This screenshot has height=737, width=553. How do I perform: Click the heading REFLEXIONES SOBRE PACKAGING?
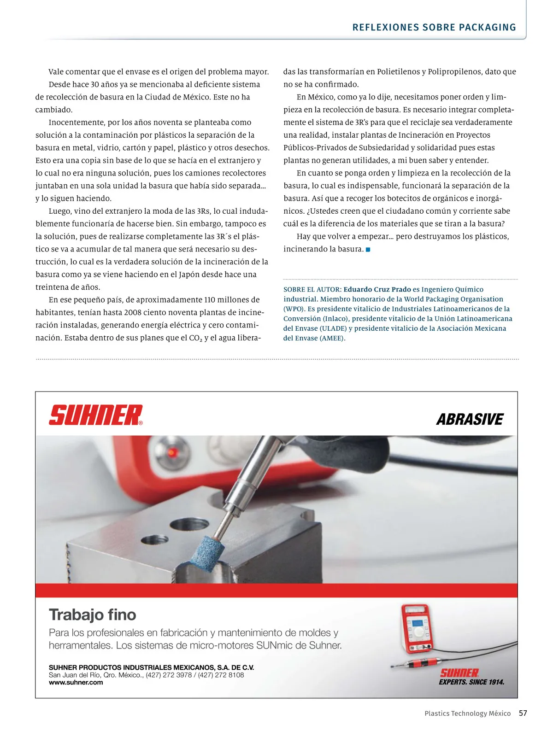[x=434, y=27]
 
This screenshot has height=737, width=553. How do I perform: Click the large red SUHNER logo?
[x=95, y=415]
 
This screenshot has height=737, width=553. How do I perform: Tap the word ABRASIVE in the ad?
[x=470, y=420]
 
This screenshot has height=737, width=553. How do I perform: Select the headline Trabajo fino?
[x=93, y=615]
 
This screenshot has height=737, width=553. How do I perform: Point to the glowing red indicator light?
[x=173, y=452]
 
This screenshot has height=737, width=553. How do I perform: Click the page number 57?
[x=523, y=713]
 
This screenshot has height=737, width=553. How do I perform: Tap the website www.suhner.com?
[x=76, y=683]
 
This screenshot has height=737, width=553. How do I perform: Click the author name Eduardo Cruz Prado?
[x=377, y=289]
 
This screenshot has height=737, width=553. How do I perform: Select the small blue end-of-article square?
[x=368, y=250]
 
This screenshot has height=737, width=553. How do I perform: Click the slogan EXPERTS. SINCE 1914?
[x=471, y=682]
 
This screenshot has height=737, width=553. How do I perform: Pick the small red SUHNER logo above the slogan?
[x=459, y=673]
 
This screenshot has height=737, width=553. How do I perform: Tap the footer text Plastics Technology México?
[x=467, y=714]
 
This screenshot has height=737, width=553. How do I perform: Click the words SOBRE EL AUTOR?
[x=312, y=289]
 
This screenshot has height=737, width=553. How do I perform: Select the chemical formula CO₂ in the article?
[x=195, y=338]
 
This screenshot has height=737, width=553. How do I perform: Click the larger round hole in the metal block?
[x=189, y=524]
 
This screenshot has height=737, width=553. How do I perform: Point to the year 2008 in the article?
[x=132, y=313]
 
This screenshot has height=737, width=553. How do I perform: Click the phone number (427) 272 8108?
[x=221, y=675]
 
